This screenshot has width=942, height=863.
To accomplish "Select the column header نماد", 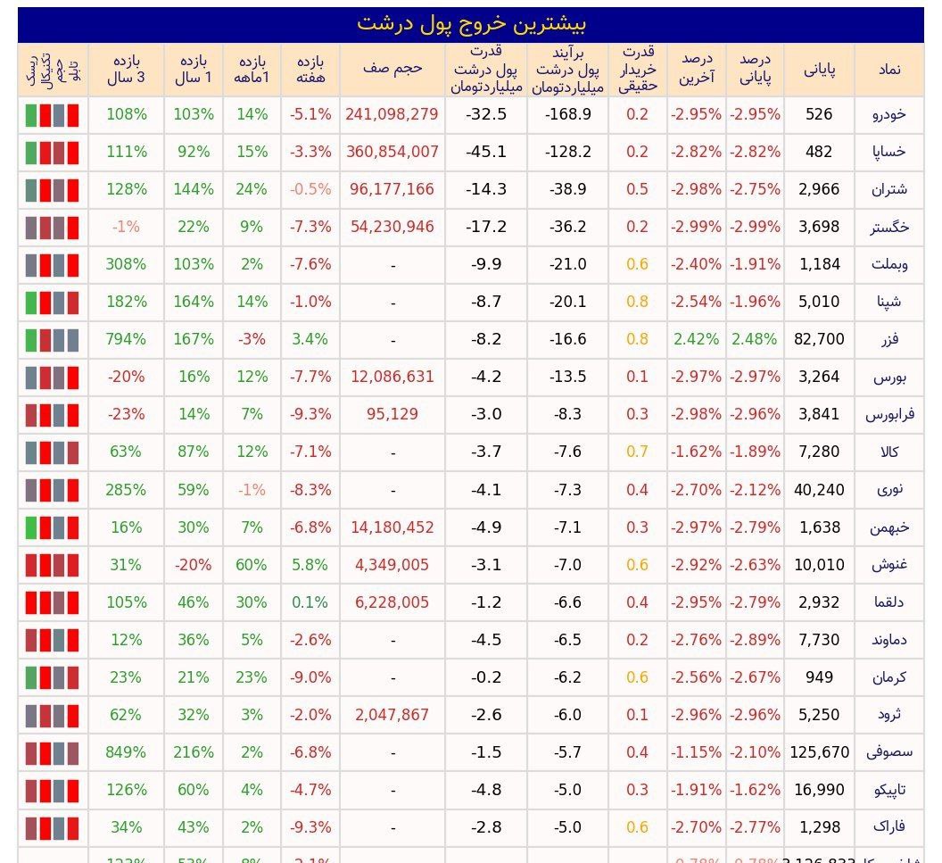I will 888,69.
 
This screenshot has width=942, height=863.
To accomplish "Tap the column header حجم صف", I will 392,69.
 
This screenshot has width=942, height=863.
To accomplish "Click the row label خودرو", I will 888,114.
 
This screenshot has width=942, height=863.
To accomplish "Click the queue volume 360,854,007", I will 392,152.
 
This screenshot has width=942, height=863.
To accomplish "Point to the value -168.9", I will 568,114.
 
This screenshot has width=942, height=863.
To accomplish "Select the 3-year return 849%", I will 126,752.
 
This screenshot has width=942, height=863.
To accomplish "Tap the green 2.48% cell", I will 755,339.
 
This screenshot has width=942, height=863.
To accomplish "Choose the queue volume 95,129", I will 392,414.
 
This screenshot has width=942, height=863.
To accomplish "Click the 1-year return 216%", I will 194,752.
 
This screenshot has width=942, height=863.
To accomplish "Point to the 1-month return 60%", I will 252,565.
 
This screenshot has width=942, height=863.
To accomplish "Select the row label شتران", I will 888,189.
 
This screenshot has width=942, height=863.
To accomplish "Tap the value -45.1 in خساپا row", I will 486,152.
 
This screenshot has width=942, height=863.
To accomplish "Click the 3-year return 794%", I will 126,339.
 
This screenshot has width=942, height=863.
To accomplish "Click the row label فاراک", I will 888,827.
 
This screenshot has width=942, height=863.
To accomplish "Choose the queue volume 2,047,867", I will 392,715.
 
